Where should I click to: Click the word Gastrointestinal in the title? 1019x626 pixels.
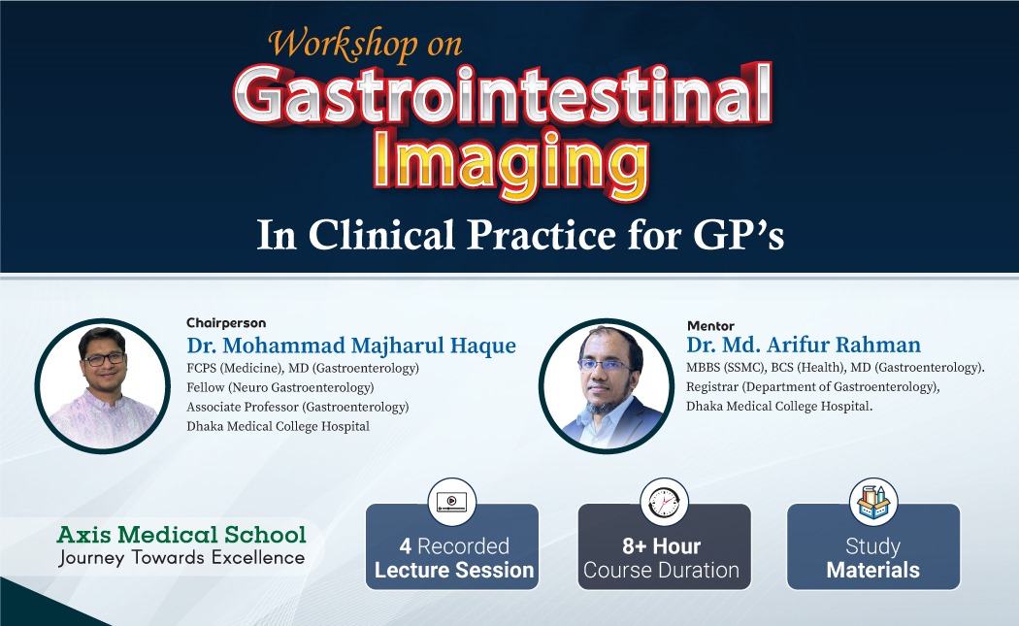point(503,95)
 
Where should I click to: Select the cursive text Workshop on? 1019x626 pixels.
point(365,45)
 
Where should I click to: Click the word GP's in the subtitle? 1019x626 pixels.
point(739,235)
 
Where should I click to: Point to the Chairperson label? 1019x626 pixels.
point(226,323)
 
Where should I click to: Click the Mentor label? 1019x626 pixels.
point(710,326)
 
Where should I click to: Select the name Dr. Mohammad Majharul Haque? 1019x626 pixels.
point(351,346)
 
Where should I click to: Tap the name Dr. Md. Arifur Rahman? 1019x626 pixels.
point(804,345)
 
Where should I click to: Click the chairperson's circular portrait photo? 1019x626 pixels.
point(102,386)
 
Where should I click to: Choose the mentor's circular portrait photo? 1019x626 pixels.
point(607,386)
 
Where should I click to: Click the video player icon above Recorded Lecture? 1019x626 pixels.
point(451,502)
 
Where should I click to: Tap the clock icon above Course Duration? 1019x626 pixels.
point(664,502)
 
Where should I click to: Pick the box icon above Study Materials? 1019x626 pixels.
point(873,502)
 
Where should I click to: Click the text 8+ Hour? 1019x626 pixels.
point(662,546)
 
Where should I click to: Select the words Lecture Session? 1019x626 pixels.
point(454,570)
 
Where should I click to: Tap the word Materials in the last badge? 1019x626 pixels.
point(872,570)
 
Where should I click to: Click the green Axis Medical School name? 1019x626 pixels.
point(181,535)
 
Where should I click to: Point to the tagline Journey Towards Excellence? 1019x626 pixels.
point(181,558)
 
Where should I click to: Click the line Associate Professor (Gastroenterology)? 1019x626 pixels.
point(298,407)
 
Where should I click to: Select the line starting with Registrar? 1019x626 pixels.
point(813,387)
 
